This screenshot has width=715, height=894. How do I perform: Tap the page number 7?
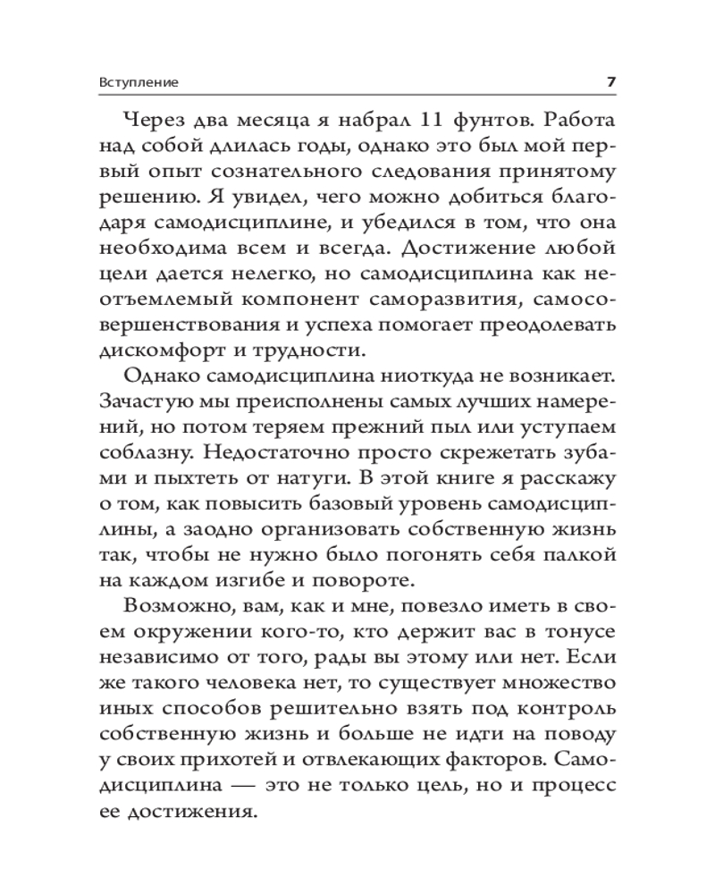(611, 82)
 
